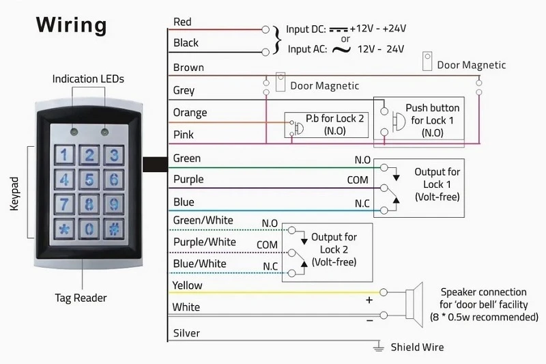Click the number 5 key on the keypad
click(x=89, y=180)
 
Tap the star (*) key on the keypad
click(x=64, y=229)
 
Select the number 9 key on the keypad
click(x=114, y=204)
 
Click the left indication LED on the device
click(x=74, y=132)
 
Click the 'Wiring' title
click(x=72, y=25)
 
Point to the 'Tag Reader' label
click(x=81, y=298)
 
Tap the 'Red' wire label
click(x=182, y=22)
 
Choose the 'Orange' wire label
click(x=190, y=113)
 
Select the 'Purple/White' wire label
click(x=204, y=242)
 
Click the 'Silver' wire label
click(x=186, y=333)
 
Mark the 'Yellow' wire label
click(x=187, y=285)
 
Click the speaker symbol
click(x=414, y=305)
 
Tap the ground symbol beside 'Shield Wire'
click(x=379, y=346)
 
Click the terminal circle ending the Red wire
click(x=265, y=29)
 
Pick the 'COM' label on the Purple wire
click(x=358, y=180)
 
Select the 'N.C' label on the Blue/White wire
click(x=270, y=266)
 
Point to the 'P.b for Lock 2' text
click(x=334, y=118)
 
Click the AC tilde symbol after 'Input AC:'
click(x=341, y=49)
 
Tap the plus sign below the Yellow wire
click(x=369, y=300)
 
